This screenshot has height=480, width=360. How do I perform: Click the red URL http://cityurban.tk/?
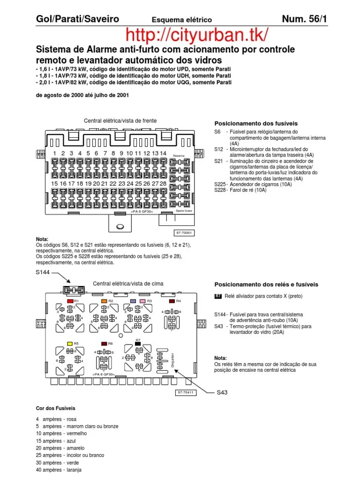(x=197, y=35)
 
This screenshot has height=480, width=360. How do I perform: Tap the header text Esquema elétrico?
(x=181, y=20)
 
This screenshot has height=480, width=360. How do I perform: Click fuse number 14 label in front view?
(x=163, y=153)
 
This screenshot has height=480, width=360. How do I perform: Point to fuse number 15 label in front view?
(x=55, y=184)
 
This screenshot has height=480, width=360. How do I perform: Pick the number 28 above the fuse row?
(x=163, y=184)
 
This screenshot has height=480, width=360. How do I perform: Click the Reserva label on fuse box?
(x=179, y=156)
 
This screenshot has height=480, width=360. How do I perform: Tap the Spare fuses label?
(x=184, y=211)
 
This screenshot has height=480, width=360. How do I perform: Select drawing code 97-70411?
(x=186, y=392)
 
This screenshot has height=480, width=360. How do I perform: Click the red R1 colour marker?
(x=70, y=300)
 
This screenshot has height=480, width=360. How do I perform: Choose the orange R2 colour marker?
(x=104, y=300)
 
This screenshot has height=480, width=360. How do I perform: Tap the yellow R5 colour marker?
(x=69, y=343)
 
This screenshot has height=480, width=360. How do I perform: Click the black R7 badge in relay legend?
(x=218, y=296)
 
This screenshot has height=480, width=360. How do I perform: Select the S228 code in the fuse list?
(x=220, y=190)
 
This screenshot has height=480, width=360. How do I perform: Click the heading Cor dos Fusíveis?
(x=55, y=408)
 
